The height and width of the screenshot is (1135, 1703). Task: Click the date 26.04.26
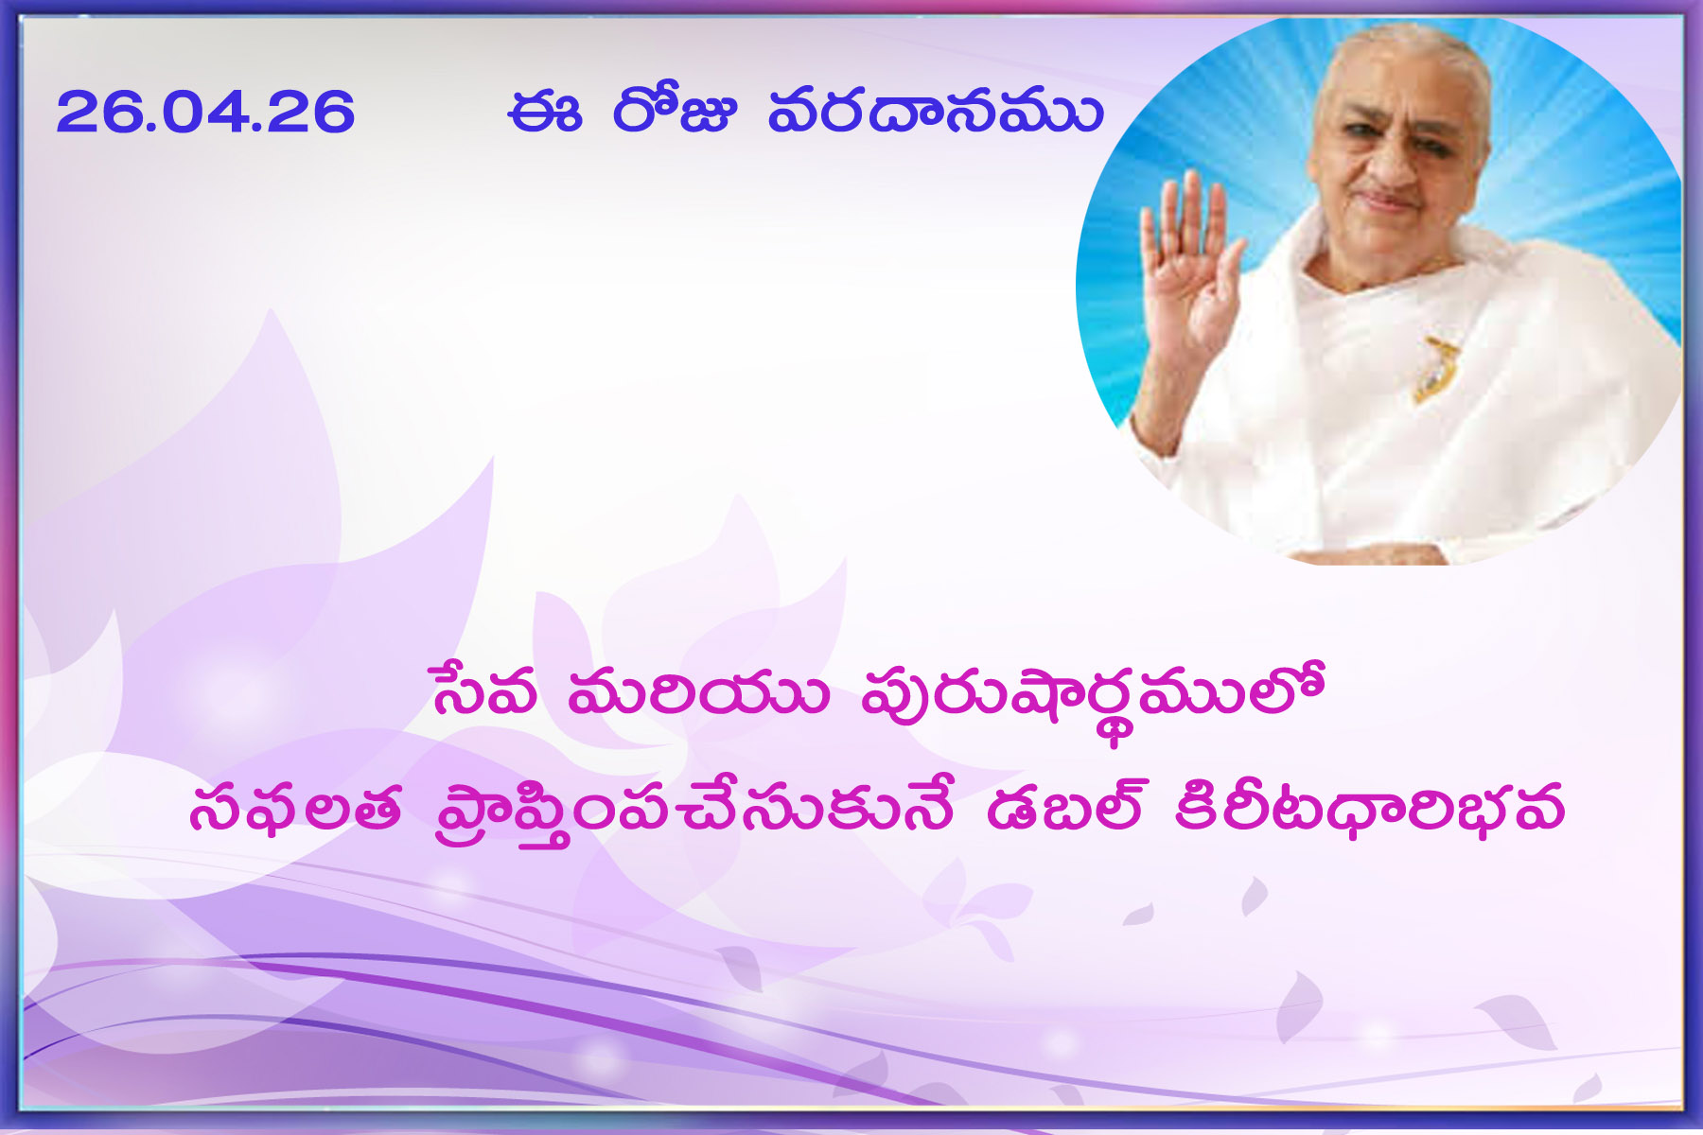click(205, 112)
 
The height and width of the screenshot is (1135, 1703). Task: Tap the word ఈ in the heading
click(543, 113)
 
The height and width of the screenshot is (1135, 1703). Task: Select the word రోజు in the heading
click(674, 111)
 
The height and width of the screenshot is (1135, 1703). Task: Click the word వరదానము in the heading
click(936, 112)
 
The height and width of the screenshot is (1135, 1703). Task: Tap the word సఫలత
click(294, 810)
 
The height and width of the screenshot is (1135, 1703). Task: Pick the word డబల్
click(1064, 807)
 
